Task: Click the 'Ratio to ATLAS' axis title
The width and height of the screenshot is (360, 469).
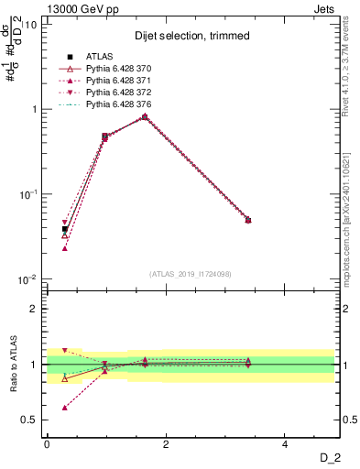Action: [13, 365]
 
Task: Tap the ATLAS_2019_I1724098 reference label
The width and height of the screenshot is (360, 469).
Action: [191, 274]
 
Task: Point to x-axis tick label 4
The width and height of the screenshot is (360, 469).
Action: [285, 443]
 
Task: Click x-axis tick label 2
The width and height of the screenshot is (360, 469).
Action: [166, 443]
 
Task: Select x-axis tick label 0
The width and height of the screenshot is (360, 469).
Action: [47, 443]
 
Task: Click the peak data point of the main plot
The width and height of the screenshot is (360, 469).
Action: [145, 116]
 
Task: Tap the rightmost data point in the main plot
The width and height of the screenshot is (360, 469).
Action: [248, 220]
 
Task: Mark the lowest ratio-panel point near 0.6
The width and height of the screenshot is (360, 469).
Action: [64, 408]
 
